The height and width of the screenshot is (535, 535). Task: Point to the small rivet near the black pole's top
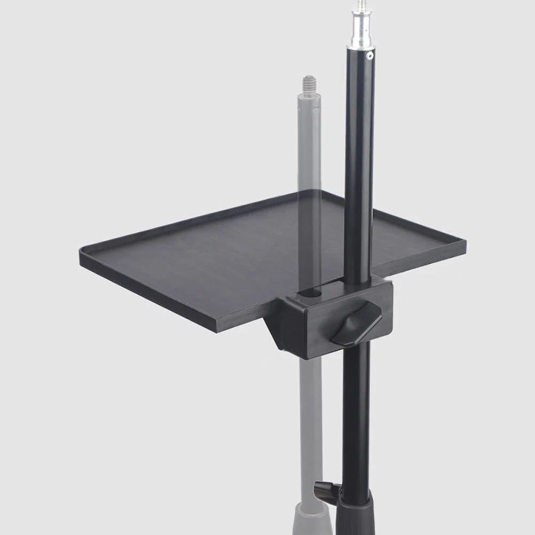(368, 55)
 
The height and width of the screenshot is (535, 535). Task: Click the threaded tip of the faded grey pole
(309, 83)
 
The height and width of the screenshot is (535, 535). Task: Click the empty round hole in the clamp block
(310, 293)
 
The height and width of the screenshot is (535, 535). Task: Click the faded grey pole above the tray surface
(309, 144)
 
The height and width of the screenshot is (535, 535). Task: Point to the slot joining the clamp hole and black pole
(333, 286)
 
